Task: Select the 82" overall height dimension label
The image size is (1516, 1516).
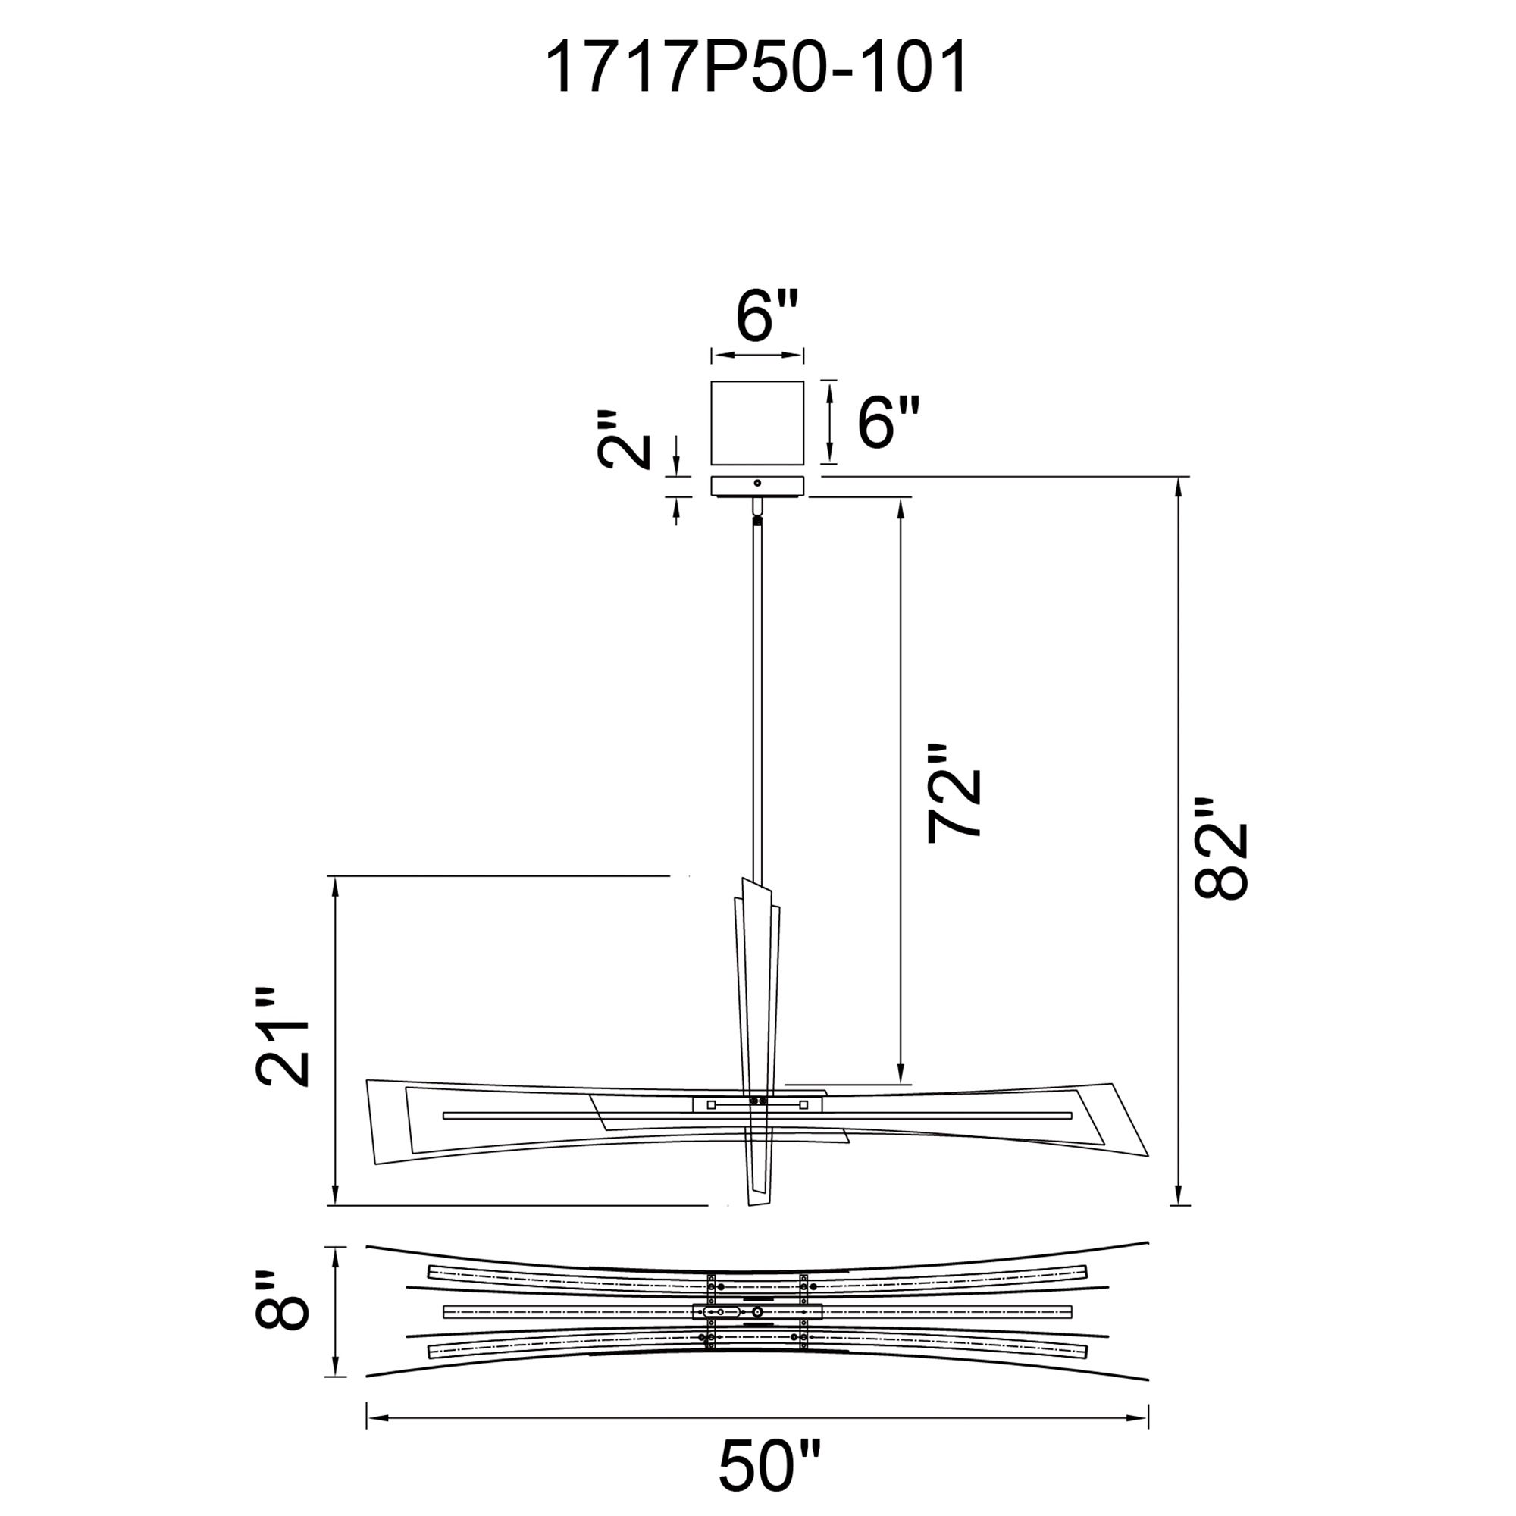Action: click(x=1220, y=848)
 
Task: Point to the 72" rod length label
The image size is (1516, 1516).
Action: click(x=954, y=794)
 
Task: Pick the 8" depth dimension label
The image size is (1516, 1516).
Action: click(x=282, y=1311)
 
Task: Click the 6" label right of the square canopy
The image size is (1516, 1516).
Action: click(x=888, y=421)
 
